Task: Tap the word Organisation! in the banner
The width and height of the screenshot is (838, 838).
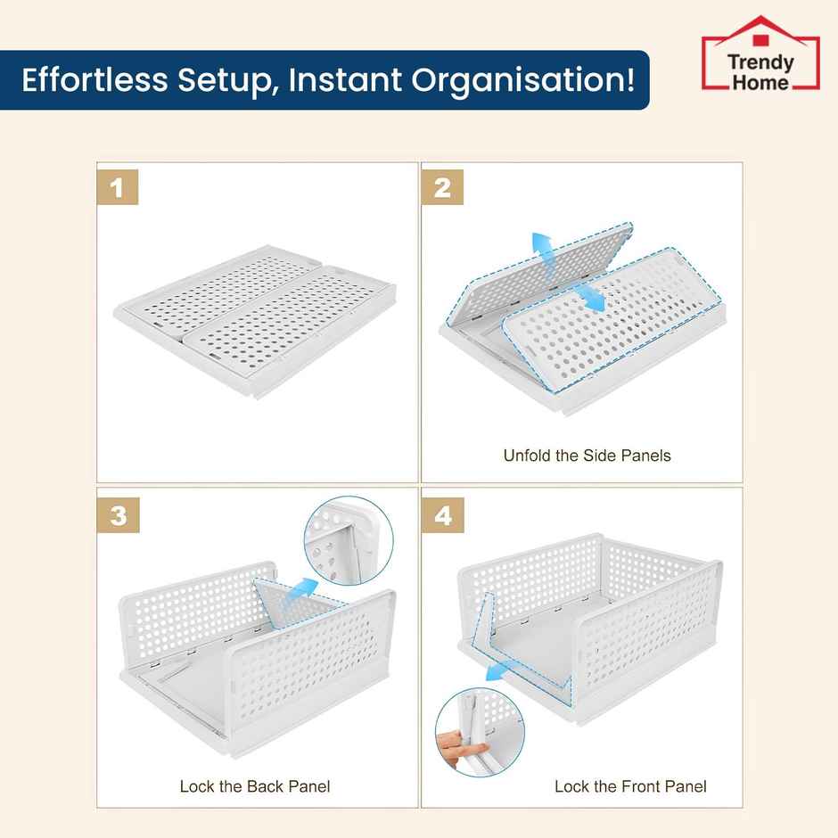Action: (x=523, y=79)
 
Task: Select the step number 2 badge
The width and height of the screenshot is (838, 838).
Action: (x=443, y=188)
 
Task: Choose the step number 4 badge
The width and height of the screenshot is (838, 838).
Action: (x=443, y=515)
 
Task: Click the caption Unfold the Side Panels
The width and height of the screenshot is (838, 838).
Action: (x=587, y=456)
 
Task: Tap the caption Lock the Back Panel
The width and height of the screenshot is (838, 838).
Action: (x=255, y=786)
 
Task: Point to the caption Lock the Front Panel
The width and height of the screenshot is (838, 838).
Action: (x=629, y=786)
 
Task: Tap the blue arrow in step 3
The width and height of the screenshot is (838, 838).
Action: (x=301, y=590)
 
